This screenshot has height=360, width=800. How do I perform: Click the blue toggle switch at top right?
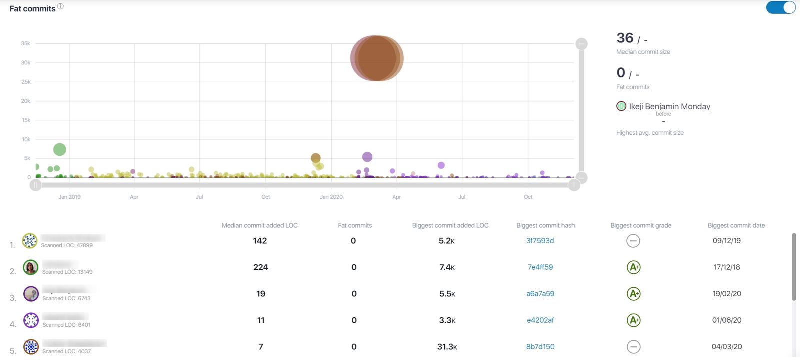(780, 7)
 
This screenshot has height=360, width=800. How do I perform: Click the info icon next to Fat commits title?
(60, 6)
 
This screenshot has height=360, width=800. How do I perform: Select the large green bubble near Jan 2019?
(59, 149)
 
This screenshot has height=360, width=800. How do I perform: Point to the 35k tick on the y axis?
(26, 44)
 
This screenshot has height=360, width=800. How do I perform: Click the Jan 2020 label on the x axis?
(331, 197)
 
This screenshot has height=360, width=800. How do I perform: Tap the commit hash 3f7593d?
(540, 241)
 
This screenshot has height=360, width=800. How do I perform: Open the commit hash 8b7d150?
(540, 347)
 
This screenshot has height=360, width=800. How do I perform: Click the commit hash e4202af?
(540, 320)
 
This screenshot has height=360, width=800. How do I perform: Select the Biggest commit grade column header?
(640, 225)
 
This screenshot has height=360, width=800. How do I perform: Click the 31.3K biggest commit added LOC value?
(447, 347)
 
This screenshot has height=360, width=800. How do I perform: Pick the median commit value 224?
(260, 267)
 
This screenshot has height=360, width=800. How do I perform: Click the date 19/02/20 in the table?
(726, 294)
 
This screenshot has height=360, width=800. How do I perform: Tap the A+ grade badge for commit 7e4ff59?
(633, 267)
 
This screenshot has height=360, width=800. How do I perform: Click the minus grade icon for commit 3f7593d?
(633, 241)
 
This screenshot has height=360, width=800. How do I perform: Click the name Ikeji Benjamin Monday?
(669, 106)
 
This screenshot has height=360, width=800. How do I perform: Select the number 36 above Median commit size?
(625, 38)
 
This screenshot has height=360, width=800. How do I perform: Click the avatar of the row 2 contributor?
(30, 267)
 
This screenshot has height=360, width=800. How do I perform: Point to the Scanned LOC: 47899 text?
(67, 245)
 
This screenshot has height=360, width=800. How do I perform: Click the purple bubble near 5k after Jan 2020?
(367, 157)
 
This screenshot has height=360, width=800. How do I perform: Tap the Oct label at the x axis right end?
(528, 197)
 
